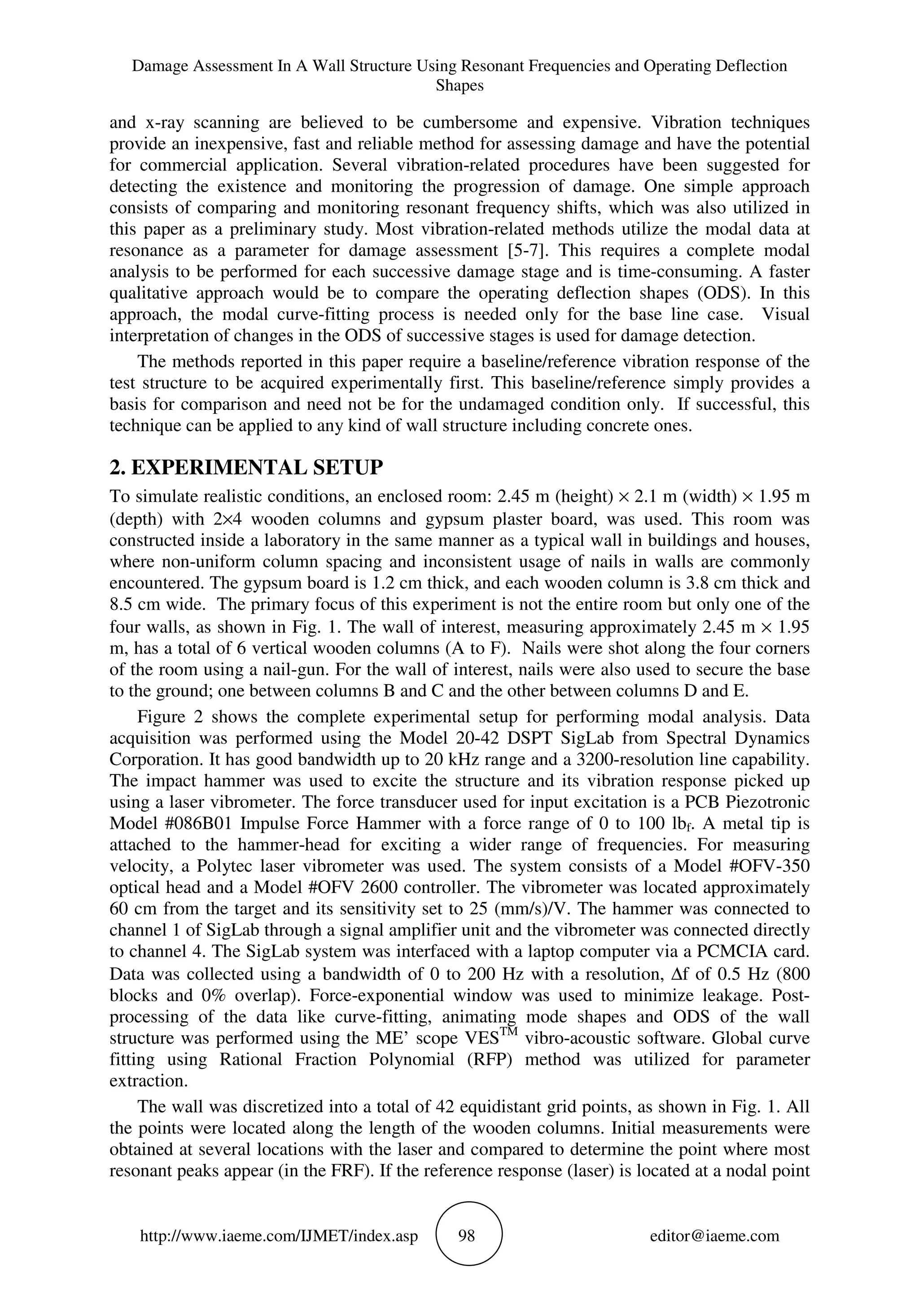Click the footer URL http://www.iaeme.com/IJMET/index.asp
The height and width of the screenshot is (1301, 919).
pos(279,1236)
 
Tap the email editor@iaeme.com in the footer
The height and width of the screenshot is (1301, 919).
pos(714,1236)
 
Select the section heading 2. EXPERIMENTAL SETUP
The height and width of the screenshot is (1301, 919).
pos(246,468)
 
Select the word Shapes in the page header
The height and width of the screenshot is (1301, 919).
pos(459,86)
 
